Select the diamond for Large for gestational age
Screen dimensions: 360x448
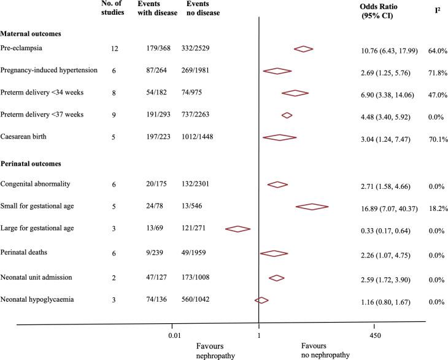238,229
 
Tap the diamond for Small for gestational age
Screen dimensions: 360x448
312,207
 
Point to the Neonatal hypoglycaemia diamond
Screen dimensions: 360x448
261,300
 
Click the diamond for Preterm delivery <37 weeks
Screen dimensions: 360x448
287,115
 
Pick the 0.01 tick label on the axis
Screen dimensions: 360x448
174,336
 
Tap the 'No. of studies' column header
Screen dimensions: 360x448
113,10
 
